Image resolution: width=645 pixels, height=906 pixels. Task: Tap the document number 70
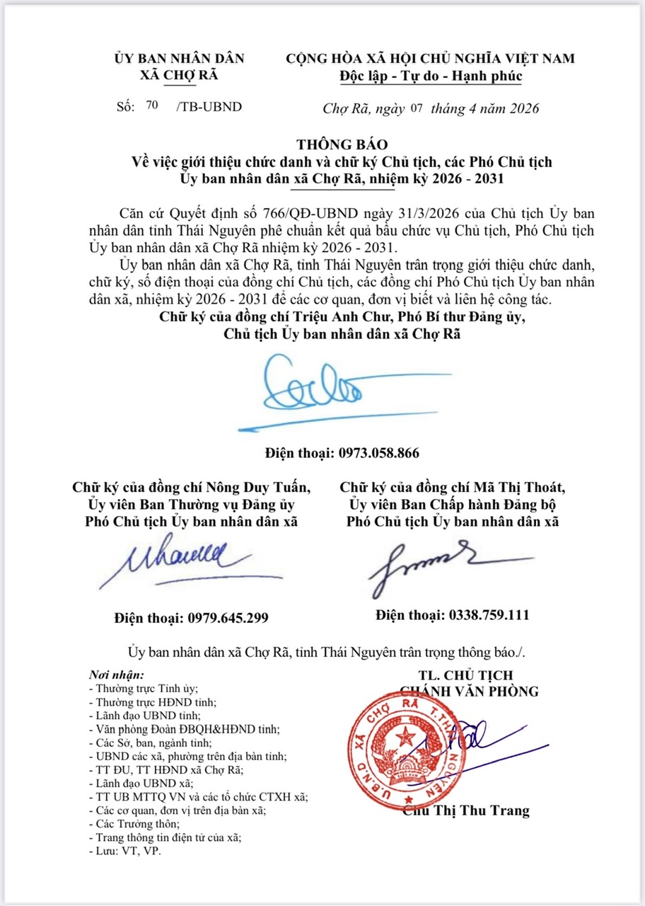tap(151, 105)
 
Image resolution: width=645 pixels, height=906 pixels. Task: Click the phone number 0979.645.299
tap(228, 618)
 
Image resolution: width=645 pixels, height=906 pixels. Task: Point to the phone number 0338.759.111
tap(489, 615)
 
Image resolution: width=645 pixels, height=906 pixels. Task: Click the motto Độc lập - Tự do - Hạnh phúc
tap(430, 76)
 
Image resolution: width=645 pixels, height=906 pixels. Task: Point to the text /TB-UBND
tap(209, 107)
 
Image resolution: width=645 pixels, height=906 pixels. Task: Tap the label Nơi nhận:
tap(116, 675)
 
